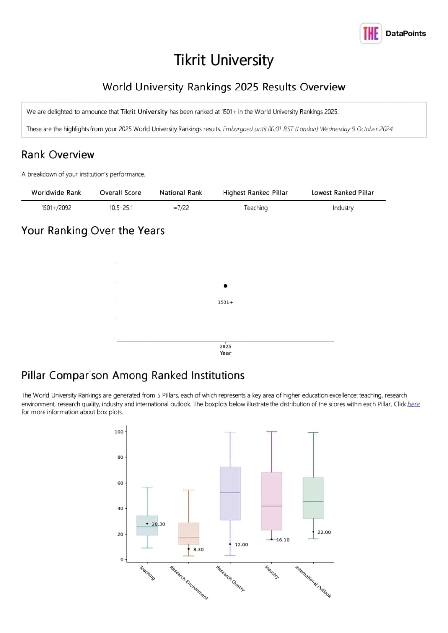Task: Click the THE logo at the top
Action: click(371, 33)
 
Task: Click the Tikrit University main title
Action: click(224, 60)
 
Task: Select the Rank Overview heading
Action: click(58, 155)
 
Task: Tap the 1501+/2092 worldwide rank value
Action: click(56, 208)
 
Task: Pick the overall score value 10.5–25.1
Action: click(121, 208)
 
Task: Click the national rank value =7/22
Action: click(181, 208)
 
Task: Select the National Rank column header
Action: click(181, 193)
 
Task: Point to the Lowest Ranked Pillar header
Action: click(342, 193)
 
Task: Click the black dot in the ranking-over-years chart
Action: click(225, 286)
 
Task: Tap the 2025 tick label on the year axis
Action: click(225, 347)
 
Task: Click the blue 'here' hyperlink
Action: click(413, 404)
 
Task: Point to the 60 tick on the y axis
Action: click(119, 483)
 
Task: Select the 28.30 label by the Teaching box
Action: click(158, 524)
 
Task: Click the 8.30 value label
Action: click(198, 549)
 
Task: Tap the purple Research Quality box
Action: click(230, 494)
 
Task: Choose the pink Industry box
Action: click(271, 501)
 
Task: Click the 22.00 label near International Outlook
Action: click(324, 532)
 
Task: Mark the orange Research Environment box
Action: click(188, 534)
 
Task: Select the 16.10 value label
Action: click(283, 540)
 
